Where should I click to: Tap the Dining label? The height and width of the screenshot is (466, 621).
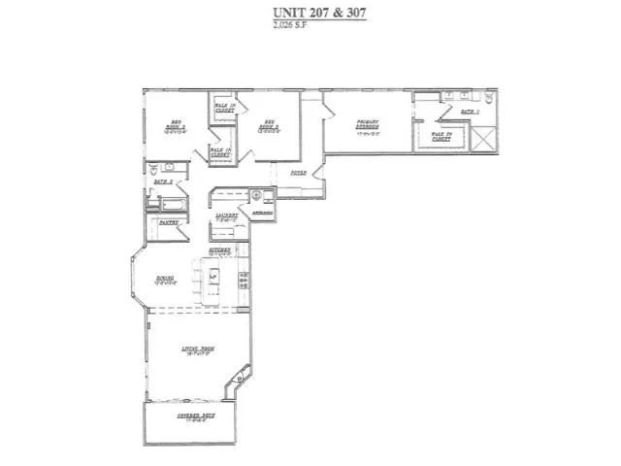pos(165,281)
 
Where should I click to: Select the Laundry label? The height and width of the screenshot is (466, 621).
pos(227,216)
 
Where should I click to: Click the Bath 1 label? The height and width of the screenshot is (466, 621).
pos(471,113)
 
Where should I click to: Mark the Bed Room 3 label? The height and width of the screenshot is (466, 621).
pos(177,126)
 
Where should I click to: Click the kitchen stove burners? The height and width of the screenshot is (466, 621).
pos(244,281)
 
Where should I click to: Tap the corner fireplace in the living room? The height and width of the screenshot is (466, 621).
pos(234,383)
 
